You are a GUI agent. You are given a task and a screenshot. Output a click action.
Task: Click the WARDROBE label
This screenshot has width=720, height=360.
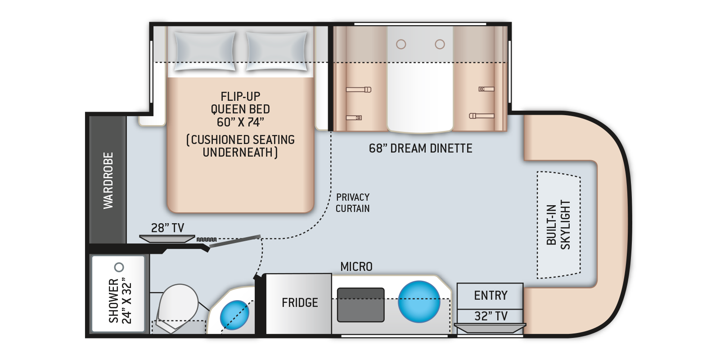point(108,180)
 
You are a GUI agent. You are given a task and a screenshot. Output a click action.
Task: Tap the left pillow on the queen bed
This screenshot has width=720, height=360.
point(205,51)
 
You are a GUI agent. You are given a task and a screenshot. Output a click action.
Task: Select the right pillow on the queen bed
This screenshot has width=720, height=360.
point(277,51)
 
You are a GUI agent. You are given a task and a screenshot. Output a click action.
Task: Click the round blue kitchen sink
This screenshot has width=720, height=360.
point(419,301)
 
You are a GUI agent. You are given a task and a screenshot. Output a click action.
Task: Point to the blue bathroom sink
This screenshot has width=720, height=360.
point(234,315)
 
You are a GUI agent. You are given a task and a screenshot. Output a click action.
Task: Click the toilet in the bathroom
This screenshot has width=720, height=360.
point(179,307)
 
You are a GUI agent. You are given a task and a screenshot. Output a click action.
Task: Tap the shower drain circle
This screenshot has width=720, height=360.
point(119,267)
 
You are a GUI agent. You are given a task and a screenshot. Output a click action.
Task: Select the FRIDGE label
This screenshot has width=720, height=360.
point(300,302)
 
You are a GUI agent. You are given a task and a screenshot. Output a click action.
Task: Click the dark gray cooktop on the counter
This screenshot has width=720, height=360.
point(360,305)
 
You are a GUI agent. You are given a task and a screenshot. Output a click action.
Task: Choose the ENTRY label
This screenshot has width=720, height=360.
point(490,295)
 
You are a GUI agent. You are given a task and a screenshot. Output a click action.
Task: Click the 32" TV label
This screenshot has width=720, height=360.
point(491,316)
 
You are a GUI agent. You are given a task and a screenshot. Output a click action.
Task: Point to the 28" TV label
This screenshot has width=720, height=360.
point(167,228)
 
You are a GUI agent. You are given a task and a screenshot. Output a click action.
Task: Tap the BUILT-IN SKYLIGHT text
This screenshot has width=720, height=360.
point(558,225)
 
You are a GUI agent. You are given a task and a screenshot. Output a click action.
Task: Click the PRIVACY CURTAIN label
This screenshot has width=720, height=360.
point(353,203)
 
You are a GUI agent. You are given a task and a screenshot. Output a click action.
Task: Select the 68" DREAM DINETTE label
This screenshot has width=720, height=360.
point(420,148)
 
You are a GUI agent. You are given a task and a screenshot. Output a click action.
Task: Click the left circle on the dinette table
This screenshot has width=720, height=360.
point(401,44)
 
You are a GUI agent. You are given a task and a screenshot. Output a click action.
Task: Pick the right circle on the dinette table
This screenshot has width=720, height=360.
point(440,44)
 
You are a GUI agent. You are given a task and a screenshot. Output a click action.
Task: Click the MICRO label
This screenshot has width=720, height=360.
point(356,266)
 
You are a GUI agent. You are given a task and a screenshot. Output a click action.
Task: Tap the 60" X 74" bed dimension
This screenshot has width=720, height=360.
point(240,122)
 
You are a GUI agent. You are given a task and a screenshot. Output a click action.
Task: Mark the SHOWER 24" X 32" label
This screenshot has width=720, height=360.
point(120,301)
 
